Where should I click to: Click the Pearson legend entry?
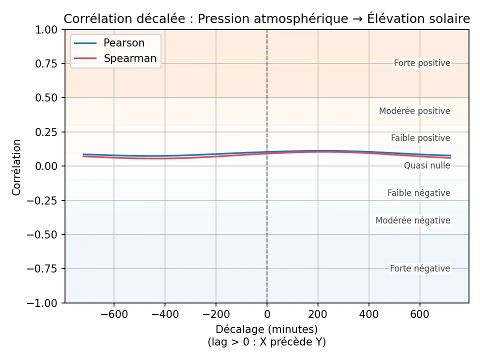click(x=123, y=43)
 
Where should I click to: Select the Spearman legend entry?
click(x=130, y=58)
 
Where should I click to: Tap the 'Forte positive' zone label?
click(x=422, y=63)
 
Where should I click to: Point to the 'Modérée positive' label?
click(x=414, y=111)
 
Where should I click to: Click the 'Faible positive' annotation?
click(x=420, y=138)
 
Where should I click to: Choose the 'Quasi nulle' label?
click(x=427, y=166)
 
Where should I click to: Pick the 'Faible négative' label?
click(x=419, y=193)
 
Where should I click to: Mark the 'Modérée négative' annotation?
click(x=413, y=221)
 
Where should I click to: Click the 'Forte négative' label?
click(x=420, y=269)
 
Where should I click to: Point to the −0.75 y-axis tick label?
click(x=45, y=269)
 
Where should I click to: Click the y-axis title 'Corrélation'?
click(x=17, y=167)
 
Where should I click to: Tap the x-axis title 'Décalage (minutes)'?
click(x=266, y=329)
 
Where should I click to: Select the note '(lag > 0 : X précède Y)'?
click(x=266, y=342)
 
